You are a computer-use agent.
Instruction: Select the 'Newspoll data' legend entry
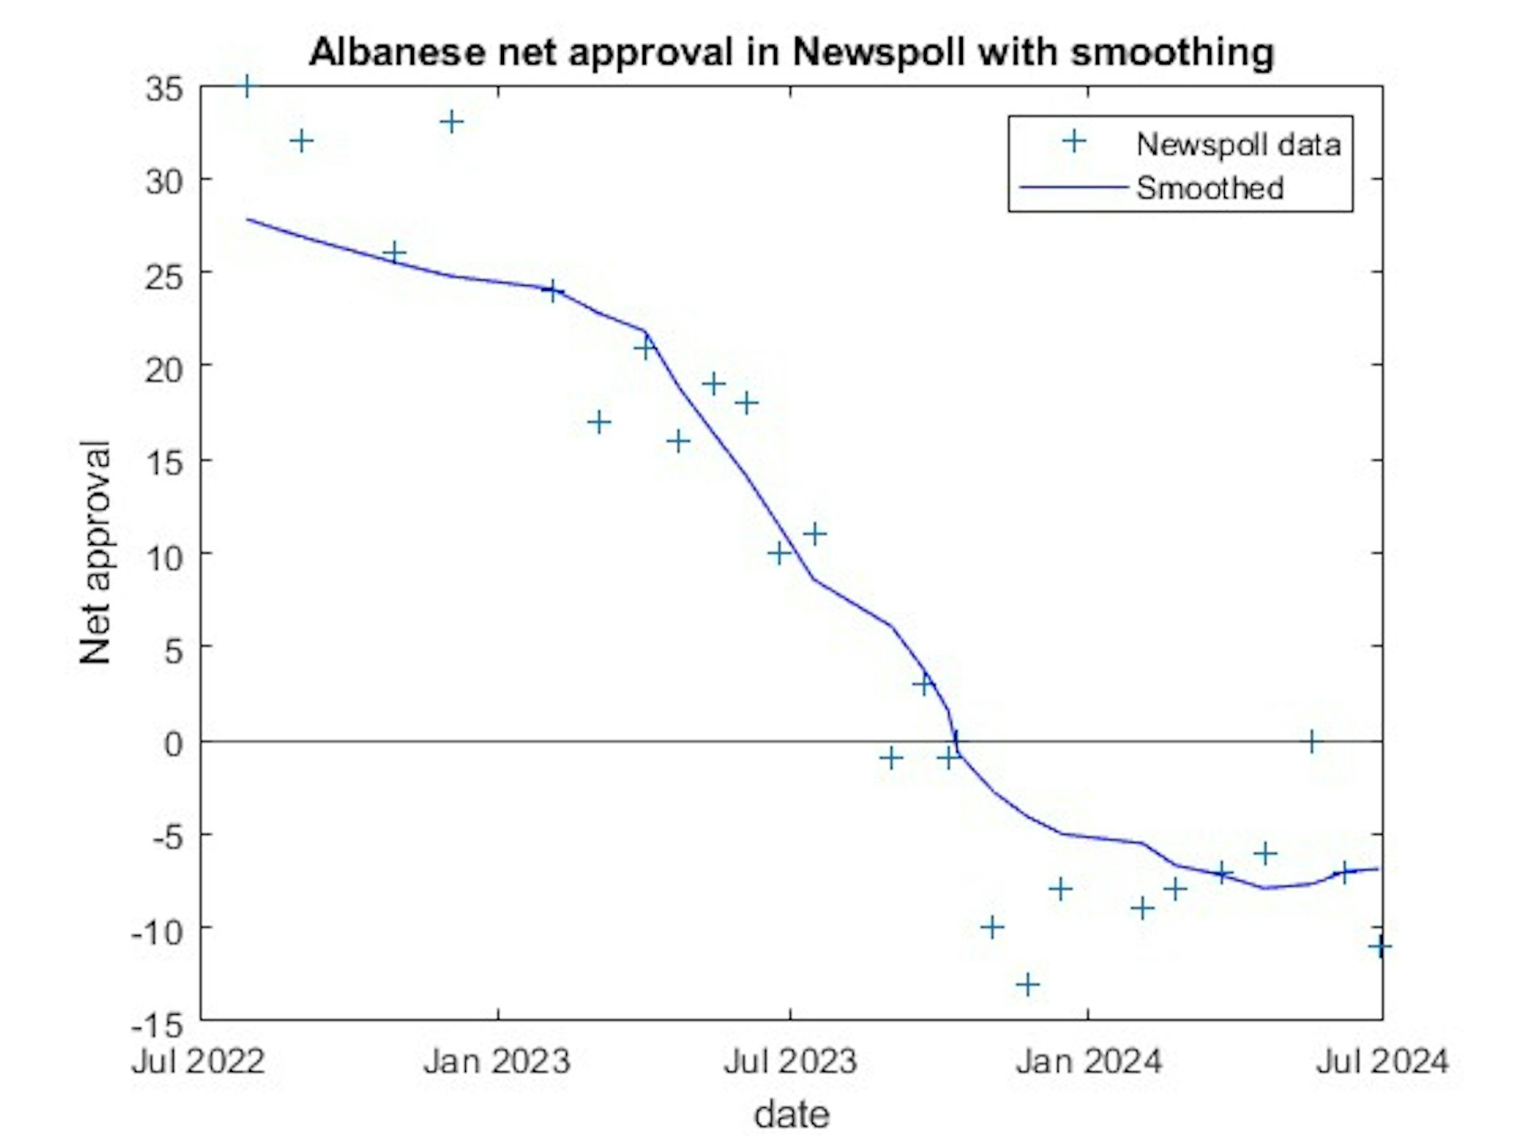tap(1238, 144)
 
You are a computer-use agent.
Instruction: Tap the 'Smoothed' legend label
tap(1209, 188)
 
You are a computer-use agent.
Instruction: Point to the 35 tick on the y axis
tap(164, 88)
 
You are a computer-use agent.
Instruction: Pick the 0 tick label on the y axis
tap(173, 744)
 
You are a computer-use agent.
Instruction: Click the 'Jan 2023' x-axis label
tap(497, 1062)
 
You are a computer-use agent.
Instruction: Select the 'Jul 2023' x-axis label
tap(789, 1062)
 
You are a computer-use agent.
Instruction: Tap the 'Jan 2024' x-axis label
tap(1088, 1062)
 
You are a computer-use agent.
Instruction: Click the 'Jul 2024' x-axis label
tap(1382, 1062)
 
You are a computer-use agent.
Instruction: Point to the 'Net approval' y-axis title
tap(96, 552)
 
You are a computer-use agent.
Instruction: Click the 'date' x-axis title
tap(792, 1114)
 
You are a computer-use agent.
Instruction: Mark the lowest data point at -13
tap(1028, 985)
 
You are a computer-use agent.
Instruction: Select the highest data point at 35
tap(247, 86)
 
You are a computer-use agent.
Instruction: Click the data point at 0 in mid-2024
tap(1312, 742)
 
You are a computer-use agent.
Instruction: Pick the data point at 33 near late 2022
tap(452, 122)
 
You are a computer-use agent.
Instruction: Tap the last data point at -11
tap(1380, 946)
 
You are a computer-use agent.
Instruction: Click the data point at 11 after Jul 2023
tap(814, 534)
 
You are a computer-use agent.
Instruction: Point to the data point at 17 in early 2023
tap(599, 422)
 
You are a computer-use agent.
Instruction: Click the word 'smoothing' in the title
tap(1171, 53)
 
